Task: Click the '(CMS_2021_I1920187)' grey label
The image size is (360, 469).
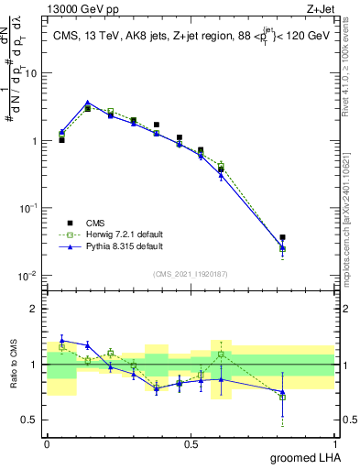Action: coord(191,273)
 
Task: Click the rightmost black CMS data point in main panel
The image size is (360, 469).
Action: coord(282,237)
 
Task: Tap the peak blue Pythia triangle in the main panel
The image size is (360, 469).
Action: coord(87,103)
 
